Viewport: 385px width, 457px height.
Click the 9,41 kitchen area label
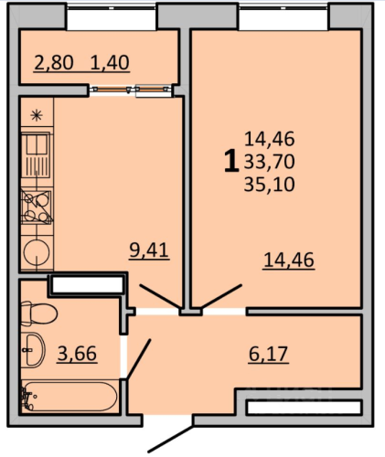pos(149,250)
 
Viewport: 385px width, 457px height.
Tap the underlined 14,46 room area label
pos(289,260)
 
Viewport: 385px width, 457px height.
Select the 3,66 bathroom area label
pos(77,354)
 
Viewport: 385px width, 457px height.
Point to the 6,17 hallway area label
pos(268,354)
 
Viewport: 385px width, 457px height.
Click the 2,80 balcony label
pos(54,62)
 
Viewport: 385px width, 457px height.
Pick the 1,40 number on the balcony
pos(110,62)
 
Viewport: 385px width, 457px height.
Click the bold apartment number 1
pos(231,161)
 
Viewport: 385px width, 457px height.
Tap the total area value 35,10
pos(269,185)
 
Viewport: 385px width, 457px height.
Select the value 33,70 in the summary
pos(269,162)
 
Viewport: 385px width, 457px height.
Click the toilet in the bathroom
pos(39,314)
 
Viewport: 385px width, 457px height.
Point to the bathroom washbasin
pos(33,349)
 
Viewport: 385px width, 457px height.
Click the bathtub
pos(69,397)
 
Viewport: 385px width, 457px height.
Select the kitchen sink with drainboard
pos(37,156)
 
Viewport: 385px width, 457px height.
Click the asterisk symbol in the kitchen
pos(37,115)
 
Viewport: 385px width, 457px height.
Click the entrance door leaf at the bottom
pos(170,439)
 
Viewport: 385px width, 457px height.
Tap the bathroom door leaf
pos(139,359)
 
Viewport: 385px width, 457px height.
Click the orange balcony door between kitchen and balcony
pos(130,90)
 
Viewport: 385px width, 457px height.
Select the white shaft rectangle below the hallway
pos(304,408)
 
